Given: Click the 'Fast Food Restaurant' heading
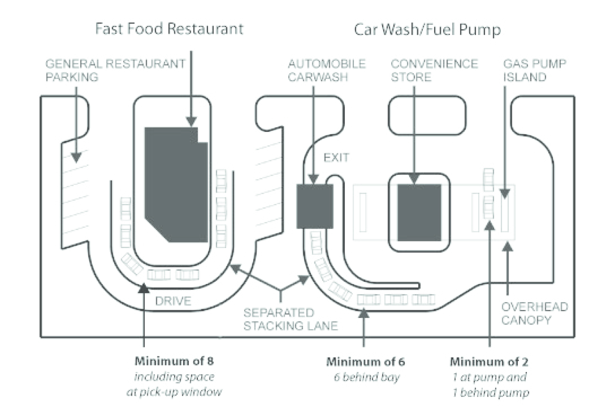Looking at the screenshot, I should pyautogui.click(x=169, y=28).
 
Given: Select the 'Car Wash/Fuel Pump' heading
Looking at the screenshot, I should pyautogui.click(x=427, y=30).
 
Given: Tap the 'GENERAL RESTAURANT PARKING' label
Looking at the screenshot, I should pyautogui.click(x=115, y=70).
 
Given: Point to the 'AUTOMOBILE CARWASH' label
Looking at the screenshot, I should pyautogui.click(x=326, y=70).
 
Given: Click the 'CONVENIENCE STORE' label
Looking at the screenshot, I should pyautogui.click(x=434, y=70).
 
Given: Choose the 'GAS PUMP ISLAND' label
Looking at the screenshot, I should pyautogui.click(x=534, y=70).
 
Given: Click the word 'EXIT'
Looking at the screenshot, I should pyautogui.click(x=336, y=158).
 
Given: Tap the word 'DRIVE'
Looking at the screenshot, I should pyautogui.click(x=173, y=301).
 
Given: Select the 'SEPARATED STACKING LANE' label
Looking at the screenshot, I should pyautogui.click(x=290, y=319).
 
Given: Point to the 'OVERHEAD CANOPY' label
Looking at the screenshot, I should pyautogui.click(x=534, y=313).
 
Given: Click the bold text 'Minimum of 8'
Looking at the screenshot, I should pyautogui.click(x=174, y=361).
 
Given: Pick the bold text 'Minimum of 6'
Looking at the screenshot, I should pyautogui.click(x=365, y=362).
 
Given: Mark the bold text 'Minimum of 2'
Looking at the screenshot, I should pyautogui.click(x=489, y=362).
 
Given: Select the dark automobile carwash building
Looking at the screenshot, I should pyautogui.click(x=314, y=206).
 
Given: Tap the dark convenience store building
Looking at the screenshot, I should pyautogui.click(x=419, y=212).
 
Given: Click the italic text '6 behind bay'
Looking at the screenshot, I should pyautogui.click(x=366, y=377).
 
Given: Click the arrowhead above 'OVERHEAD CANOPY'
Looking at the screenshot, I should pyautogui.click(x=508, y=247).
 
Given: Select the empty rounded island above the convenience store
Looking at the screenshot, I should pyautogui.click(x=427, y=115).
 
